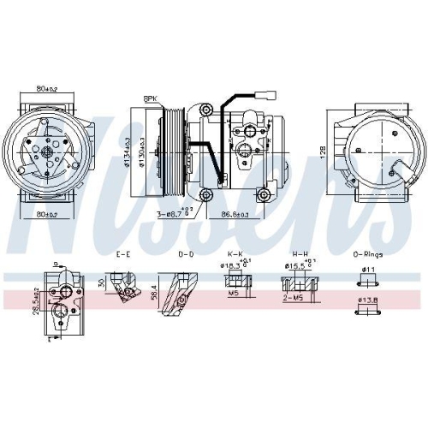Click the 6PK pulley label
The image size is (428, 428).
point(152,99)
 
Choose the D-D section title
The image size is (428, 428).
point(184,254)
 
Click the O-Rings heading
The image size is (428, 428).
point(369,254)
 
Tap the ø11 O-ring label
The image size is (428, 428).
point(369,270)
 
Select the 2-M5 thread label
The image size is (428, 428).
point(294,299)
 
